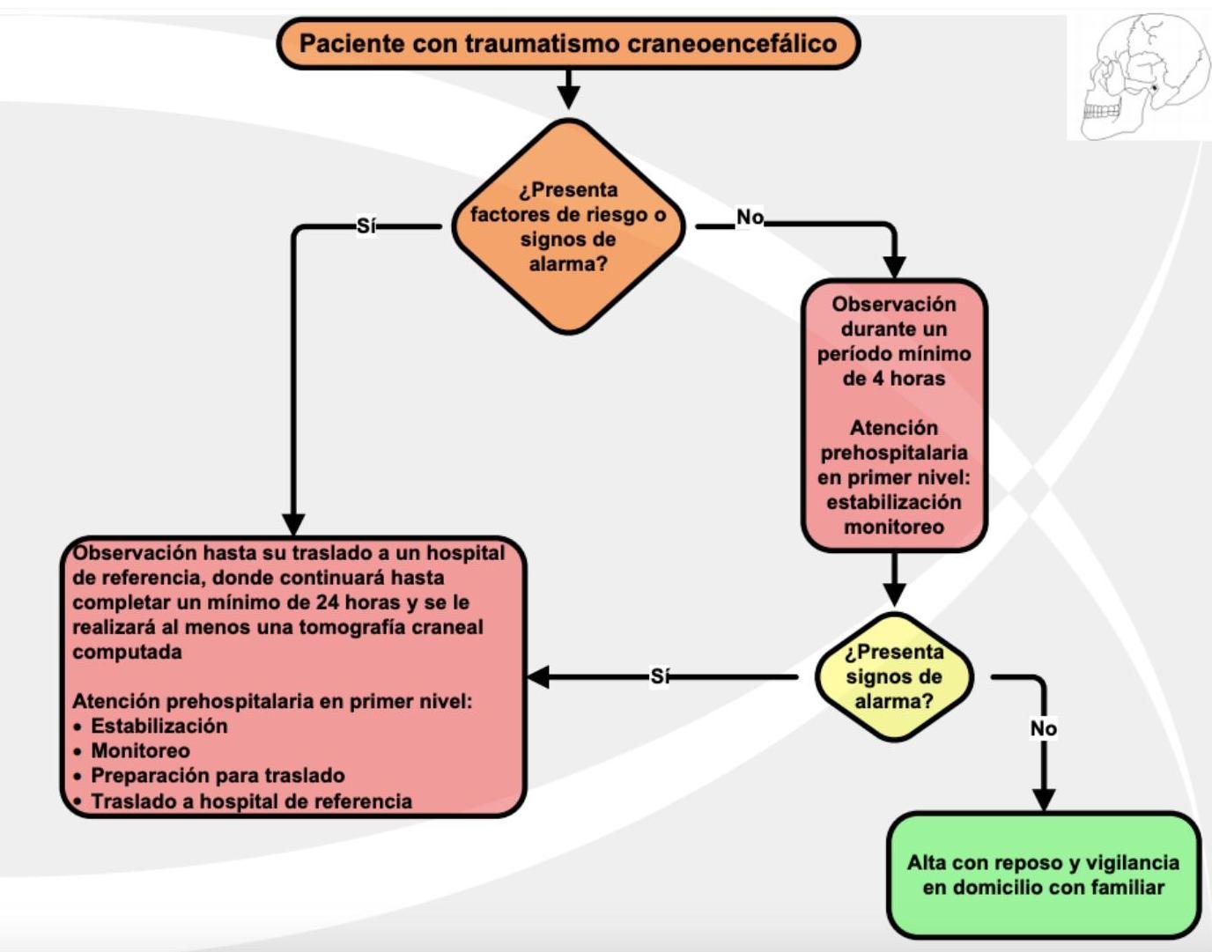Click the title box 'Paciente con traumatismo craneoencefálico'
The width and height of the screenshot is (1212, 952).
(568, 43)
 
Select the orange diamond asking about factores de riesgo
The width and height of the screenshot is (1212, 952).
(568, 226)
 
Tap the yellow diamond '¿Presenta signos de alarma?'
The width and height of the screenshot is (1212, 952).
(893, 676)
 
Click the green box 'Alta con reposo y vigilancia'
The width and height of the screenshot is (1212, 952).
(1043, 875)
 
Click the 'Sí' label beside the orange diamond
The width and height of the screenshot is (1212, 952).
(366, 226)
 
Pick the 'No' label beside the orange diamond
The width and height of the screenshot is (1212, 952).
(750, 217)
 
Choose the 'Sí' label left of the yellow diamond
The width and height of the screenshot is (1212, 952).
(660, 676)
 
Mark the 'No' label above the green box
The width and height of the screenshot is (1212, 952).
(1043, 728)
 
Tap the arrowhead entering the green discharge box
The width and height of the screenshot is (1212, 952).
(1043, 799)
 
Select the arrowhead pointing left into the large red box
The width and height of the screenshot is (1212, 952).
(538, 676)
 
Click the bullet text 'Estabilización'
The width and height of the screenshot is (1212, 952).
(159, 726)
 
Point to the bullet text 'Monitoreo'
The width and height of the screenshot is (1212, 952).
(141, 750)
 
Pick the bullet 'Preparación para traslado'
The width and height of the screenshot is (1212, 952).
(218, 775)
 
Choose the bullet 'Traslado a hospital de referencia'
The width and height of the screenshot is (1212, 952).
(251, 801)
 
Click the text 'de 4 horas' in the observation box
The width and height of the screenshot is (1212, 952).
(893, 379)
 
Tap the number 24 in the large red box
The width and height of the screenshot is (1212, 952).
(328, 602)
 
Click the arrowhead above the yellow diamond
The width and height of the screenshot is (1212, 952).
(893, 594)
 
